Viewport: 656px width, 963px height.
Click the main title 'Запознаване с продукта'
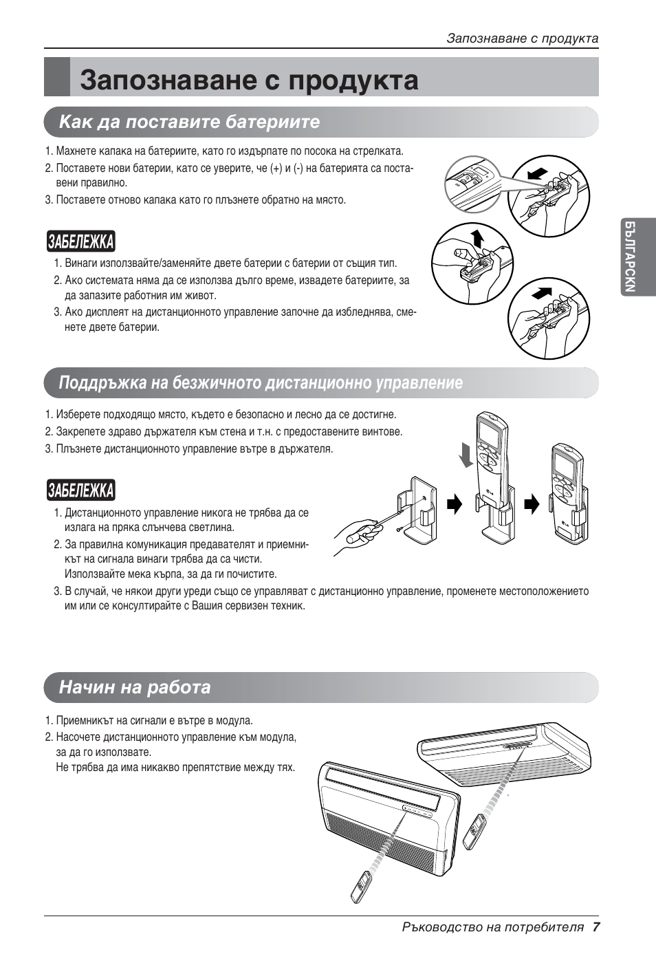tap(249, 80)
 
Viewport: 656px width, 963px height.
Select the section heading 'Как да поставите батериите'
tap(190, 122)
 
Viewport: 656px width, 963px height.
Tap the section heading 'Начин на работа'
tap(135, 687)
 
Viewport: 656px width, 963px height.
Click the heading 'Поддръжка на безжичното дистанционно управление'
tap(261, 383)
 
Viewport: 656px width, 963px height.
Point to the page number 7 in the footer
tap(596, 927)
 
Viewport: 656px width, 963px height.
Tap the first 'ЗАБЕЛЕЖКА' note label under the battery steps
tap(81, 242)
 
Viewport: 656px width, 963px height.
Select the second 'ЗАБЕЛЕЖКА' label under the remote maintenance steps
tap(81, 490)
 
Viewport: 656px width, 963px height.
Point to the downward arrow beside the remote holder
tap(467, 455)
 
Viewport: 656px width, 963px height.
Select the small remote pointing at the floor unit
tap(362, 887)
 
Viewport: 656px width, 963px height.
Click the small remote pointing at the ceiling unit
tap(474, 831)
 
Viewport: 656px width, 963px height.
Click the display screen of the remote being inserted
tap(490, 433)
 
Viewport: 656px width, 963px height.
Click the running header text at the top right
tap(522, 39)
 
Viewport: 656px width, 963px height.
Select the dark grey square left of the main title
tap(57, 77)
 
